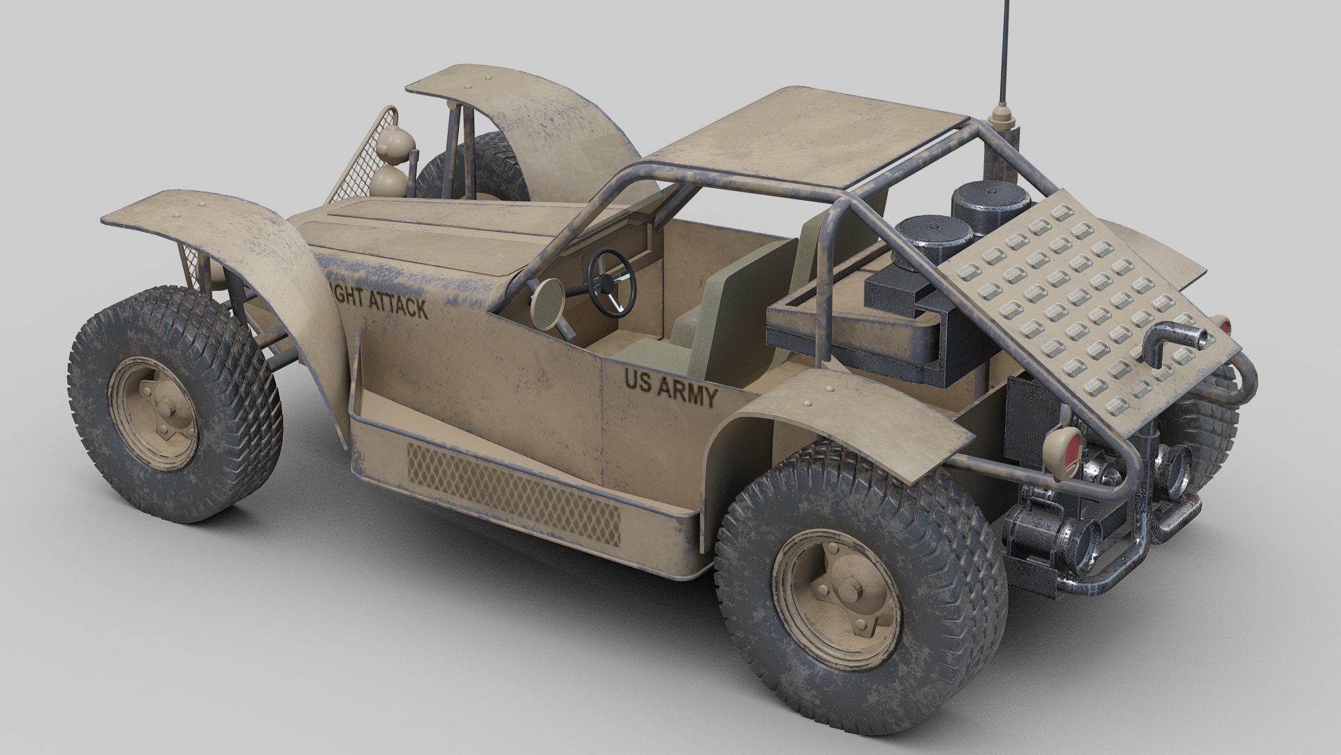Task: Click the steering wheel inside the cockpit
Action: [x=612, y=282]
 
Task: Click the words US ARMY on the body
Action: [x=670, y=389]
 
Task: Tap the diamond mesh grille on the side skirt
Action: [x=513, y=492]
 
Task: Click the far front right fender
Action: [x=531, y=101]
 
